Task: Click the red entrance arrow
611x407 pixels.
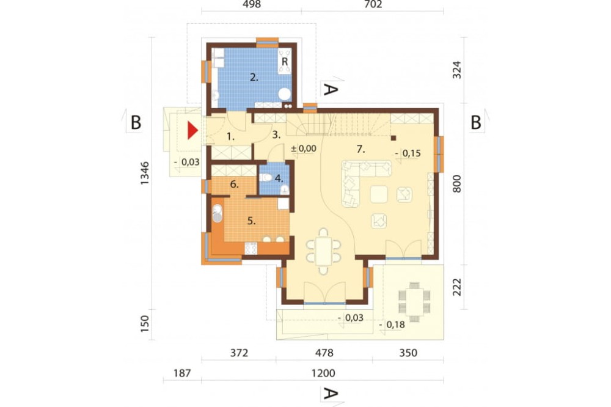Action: (192, 130)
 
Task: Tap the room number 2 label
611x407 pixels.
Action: (254, 77)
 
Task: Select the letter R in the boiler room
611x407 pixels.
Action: (285, 62)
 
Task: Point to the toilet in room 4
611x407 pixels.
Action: (266, 178)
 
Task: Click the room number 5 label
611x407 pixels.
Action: (252, 221)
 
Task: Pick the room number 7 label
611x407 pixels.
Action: (361, 148)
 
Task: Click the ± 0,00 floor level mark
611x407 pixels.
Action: (304, 148)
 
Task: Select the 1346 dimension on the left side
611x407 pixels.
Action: (145, 173)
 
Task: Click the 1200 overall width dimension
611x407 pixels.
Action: (323, 373)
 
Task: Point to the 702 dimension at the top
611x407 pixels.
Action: (373, 5)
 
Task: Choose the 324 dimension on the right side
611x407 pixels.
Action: (456, 70)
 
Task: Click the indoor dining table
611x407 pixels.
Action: (323, 251)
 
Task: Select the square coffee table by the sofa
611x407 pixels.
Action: (379, 194)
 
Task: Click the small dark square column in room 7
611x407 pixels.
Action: (393, 137)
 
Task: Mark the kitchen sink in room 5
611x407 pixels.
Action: (217, 214)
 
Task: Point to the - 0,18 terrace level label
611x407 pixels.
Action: (392, 324)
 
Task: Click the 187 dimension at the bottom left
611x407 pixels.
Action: (182, 373)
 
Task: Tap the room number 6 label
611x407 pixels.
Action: (234, 184)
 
